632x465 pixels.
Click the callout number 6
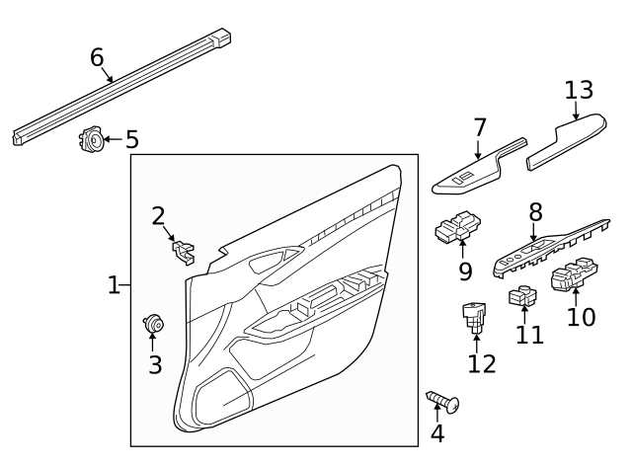tap(96, 57)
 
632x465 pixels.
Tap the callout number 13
tap(579, 90)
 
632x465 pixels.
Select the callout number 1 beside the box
tap(114, 286)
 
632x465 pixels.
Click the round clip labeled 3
tap(153, 322)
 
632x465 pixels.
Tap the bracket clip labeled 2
tap(182, 253)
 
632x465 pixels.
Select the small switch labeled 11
tap(521, 295)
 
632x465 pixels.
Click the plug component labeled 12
tap(475, 315)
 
